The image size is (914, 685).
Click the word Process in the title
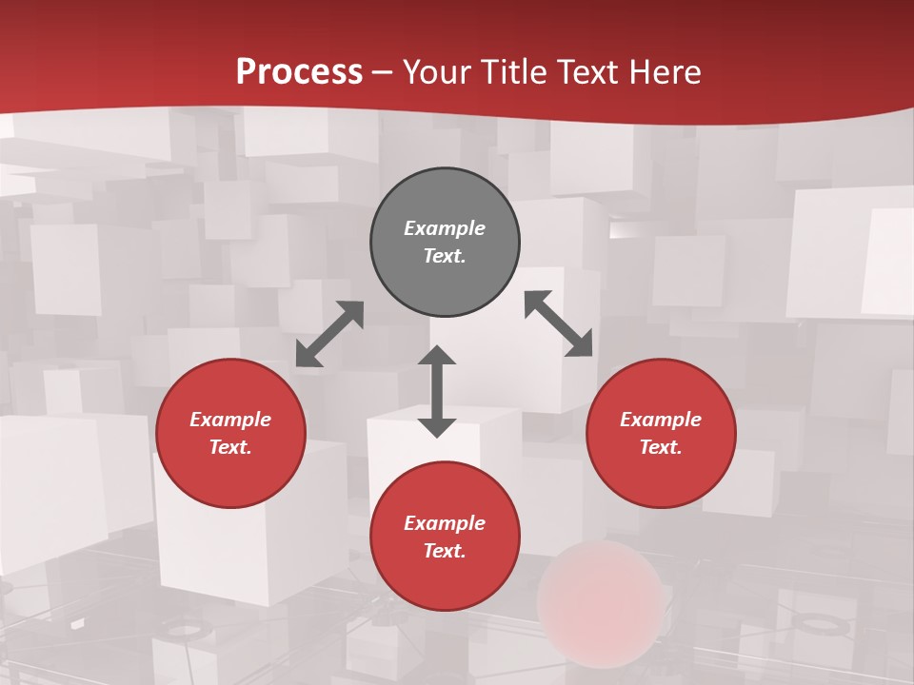click(x=299, y=72)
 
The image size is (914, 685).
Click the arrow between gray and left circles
click(x=329, y=334)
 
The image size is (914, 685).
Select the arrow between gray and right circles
click(x=559, y=323)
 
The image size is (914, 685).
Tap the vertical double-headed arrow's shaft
click(x=437, y=391)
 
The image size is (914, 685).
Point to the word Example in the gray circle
click(x=445, y=228)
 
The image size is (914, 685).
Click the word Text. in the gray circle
click(x=445, y=256)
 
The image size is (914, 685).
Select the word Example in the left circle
click(x=230, y=420)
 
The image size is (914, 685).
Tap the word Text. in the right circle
click(x=661, y=447)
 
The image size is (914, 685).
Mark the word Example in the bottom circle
click(x=445, y=523)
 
